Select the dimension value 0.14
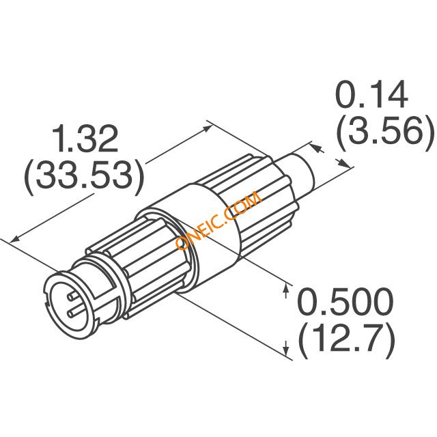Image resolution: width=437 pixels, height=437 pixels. point(371,94)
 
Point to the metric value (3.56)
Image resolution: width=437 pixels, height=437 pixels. point(386,132)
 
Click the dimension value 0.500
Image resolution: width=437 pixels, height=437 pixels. point(346,301)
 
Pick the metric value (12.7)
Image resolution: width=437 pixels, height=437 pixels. point(347,341)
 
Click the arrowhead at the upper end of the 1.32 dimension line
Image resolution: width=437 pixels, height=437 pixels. point(207,128)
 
